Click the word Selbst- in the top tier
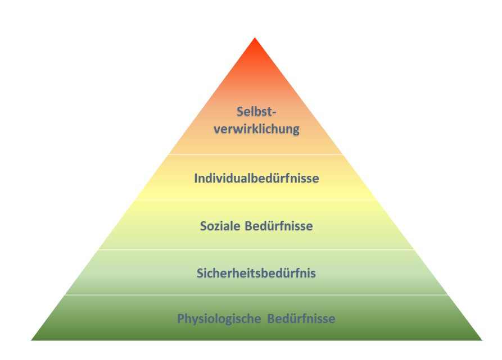(x=256, y=112)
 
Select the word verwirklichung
(x=256, y=129)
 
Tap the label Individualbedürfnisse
(x=256, y=178)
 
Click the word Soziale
(x=220, y=226)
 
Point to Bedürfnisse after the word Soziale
(x=279, y=226)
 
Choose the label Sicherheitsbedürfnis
(x=256, y=273)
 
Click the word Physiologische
(x=219, y=319)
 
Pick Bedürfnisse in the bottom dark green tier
(x=301, y=318)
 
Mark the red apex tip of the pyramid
(x=255, y=38)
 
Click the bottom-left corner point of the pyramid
(x=31, y=340)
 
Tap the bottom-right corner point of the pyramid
(x=482, y=340)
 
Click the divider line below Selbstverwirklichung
(x=255, y=155)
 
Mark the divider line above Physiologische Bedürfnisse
(x=256, y=295)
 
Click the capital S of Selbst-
(x=240, y=112)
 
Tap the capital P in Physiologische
(x=181, y=318)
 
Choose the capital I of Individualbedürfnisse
(x=196, y=178)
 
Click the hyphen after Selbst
(x=274, y=113)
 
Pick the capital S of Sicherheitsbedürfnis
(x=200, y=273)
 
